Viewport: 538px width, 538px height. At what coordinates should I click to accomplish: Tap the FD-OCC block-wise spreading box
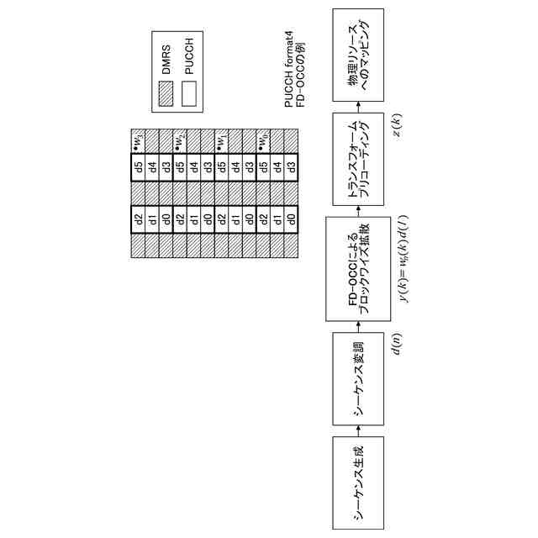[x=357, y=266]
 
